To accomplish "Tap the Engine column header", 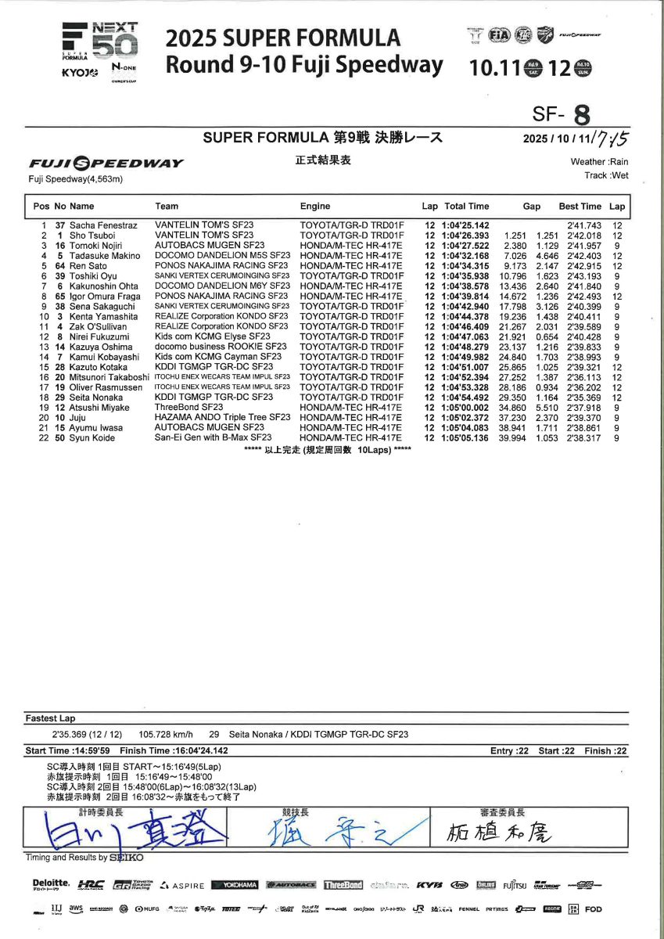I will click(315, 207).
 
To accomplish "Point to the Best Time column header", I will click(580, 207).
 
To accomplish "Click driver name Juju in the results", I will click(79, 418).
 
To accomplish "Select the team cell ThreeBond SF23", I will click(188, 408).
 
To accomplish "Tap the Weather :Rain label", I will click(599, 162).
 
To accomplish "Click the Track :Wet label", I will click(606, 176).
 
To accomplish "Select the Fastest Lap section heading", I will click(50, 718).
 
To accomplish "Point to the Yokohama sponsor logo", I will click(235, 885).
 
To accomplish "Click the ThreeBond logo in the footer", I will click(343, 885).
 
